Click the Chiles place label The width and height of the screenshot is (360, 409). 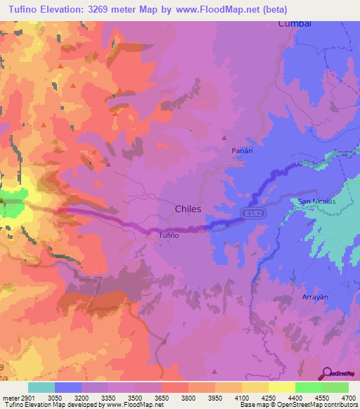tap(188, 209)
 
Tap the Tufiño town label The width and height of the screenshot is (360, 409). tap(169, 235)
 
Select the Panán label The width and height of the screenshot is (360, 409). tap(242, 150)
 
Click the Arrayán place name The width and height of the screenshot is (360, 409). tap(315, 297)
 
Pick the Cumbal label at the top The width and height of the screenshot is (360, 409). tap(295, 23)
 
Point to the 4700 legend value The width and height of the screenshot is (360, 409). tap(349, 396)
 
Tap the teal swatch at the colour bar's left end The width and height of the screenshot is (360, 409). tap(41, 387)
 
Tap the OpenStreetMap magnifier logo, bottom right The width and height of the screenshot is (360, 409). tap(327, 373)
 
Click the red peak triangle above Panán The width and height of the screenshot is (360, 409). tap(224, 137)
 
